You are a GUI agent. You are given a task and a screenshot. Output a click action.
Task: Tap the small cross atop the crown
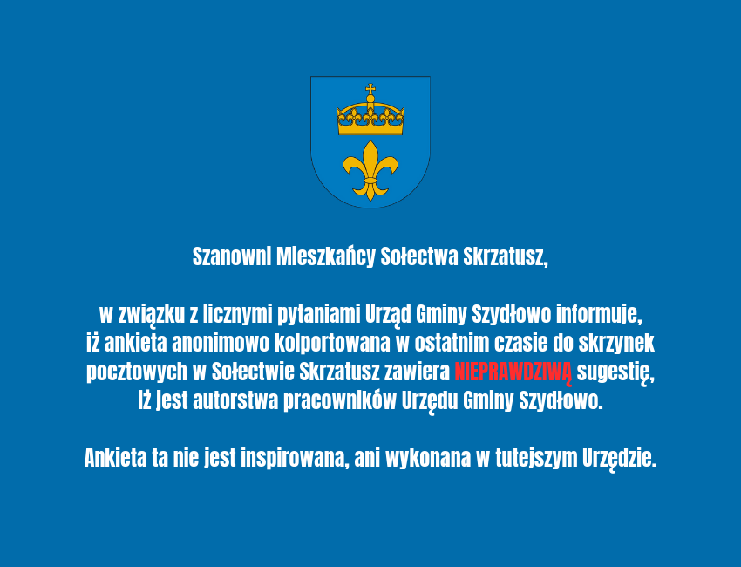(x=370, y=89)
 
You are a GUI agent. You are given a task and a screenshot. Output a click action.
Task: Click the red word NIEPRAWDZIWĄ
(x=513, y=372)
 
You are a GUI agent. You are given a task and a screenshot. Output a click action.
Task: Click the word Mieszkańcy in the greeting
(x=326, y=257)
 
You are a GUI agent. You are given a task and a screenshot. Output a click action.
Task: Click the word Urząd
(x=388, y=316)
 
